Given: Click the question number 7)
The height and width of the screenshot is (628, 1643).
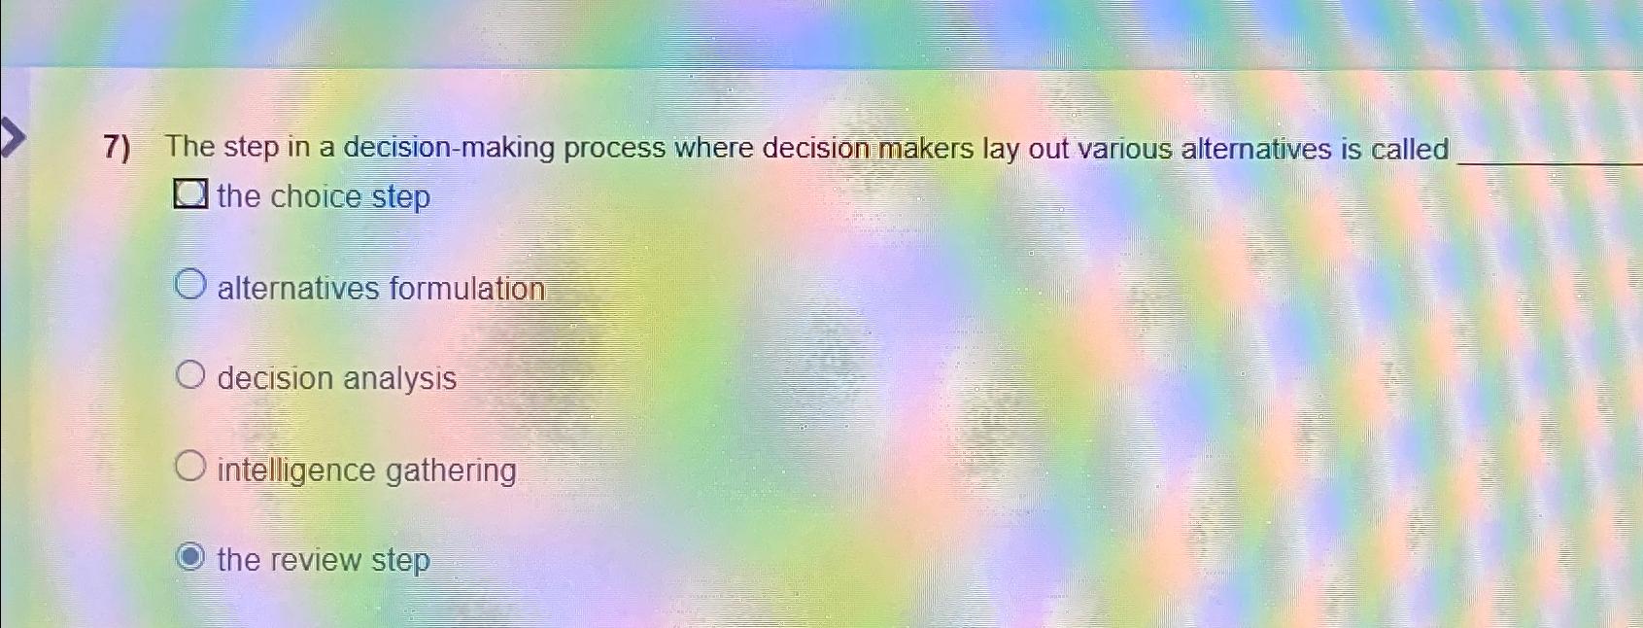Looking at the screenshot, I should tap(117, 148).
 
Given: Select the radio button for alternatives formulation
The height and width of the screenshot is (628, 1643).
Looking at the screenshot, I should tap(190, 285).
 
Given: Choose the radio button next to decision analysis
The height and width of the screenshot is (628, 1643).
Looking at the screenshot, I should tap(190, 375).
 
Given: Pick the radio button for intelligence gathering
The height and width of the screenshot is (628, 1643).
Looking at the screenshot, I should tap(190, 467).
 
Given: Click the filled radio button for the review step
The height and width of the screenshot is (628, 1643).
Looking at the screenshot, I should tap(190, 557).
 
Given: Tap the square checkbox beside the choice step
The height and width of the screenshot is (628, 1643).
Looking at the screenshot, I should tap(190, 194).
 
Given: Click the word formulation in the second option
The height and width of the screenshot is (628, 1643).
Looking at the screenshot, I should tap(467, 289).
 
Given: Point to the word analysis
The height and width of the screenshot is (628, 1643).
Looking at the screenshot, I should tap(399, 378).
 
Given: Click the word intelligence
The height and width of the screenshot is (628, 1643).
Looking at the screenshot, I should tap(295, 471).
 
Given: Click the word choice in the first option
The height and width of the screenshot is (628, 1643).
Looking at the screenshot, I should tap(316, 196).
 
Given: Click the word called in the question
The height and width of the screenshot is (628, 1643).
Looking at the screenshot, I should tap(1409, 149).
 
